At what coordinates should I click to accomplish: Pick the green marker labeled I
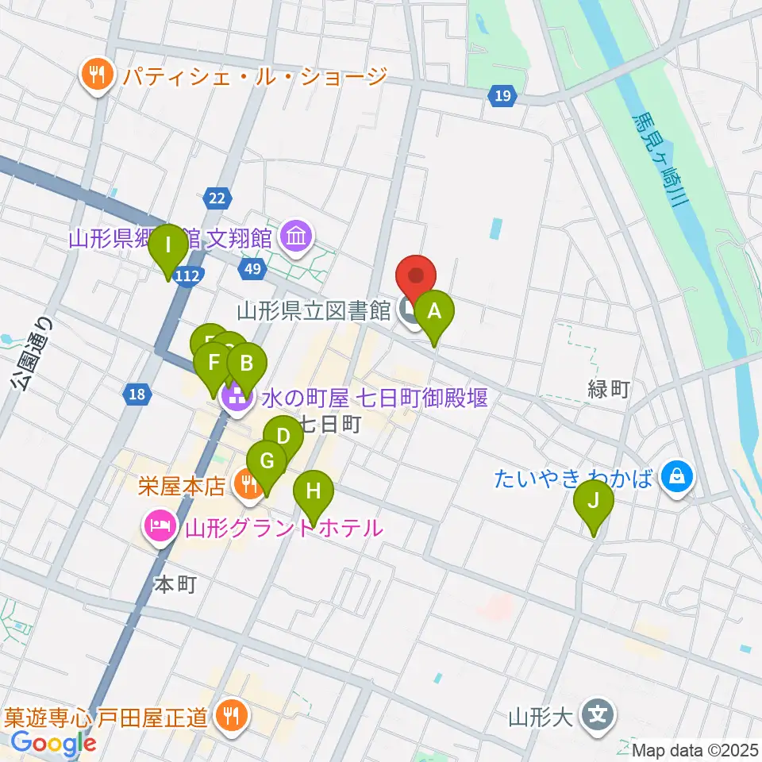click(168, 246)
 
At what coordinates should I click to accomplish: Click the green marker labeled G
click(267, 462)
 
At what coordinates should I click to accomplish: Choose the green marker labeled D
click(283, 437)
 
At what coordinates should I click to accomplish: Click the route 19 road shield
click(501, 96)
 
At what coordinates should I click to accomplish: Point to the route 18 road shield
click(137, 393)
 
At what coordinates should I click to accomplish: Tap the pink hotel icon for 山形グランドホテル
click(160, 526)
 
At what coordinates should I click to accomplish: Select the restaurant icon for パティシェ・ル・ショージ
click(98, 75)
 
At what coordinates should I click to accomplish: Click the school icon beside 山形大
click(595, 717)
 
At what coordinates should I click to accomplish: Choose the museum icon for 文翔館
click(296, 237)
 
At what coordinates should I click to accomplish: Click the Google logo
click(53, 743)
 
